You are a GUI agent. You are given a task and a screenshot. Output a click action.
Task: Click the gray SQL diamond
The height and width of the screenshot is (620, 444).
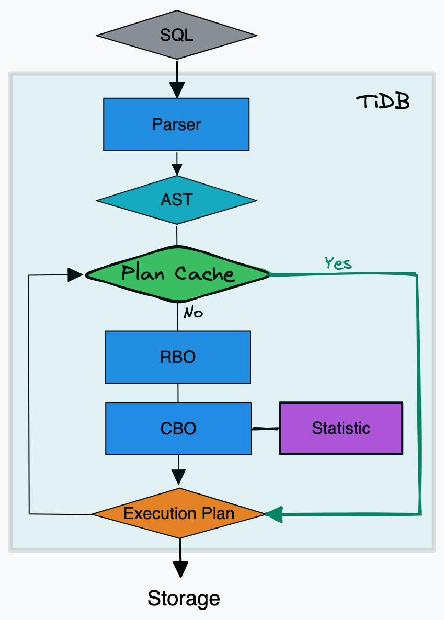coord(177,36)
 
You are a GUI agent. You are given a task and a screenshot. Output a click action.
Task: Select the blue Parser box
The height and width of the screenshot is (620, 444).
coord(176,124)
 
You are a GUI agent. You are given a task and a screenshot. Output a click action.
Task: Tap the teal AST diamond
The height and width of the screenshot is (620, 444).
coord(177,200)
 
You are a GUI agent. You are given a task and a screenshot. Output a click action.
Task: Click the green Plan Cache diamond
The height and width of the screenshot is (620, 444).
coord(177,273)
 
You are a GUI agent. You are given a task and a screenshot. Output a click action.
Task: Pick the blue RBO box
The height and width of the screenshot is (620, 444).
coord(177,357)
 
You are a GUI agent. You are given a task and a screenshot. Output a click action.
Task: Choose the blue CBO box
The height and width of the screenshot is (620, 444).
coord(178,428)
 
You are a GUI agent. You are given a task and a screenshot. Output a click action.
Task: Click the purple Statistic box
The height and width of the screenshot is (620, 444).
coord(341,428)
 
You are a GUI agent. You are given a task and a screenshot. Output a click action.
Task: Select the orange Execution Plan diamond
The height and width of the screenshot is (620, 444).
coord(179,513)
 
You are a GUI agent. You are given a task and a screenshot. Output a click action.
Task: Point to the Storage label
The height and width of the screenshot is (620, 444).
coord(184,598)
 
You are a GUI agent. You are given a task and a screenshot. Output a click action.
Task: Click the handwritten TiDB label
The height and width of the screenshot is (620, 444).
coord(383,102)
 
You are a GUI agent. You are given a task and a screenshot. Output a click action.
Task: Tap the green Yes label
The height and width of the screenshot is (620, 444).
coord(338,263)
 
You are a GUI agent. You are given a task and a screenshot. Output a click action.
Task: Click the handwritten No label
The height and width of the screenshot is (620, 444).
coord(193,313)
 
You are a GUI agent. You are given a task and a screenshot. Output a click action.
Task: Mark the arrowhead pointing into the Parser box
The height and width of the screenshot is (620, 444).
coord(177,90)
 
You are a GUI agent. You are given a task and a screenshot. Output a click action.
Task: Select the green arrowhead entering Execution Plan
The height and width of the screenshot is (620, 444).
coord(274,514)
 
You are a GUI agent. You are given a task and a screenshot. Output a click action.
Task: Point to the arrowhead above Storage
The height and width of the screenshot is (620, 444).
coord(180,569)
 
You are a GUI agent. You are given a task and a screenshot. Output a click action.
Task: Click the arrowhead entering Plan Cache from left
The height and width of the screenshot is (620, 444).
coord(76,274)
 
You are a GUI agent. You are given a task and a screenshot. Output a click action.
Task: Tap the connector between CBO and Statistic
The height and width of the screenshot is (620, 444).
coord(265,429)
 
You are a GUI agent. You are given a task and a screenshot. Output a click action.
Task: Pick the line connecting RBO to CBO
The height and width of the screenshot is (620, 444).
coord(178,393)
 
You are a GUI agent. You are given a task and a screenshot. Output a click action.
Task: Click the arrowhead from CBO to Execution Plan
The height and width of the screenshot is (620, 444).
coord(179,477)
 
